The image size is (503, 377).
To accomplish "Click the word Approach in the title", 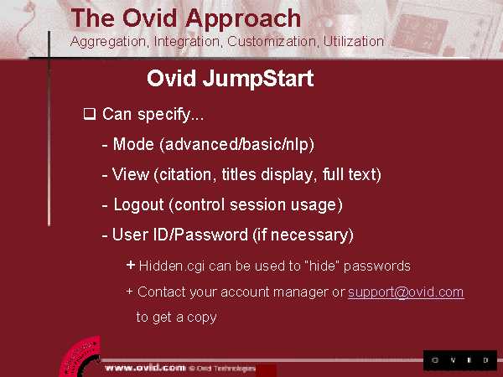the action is (243, 19).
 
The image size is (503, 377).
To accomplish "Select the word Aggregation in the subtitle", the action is (109, 42).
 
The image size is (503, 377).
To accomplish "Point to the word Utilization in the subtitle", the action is (353, 41).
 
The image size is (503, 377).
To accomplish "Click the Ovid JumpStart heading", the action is (231, 79).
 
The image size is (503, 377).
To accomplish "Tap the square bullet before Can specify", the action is (90, 114).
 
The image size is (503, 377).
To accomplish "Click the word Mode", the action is (133, 144).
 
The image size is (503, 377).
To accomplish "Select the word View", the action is (131, 174).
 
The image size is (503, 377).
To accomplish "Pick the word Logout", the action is (139, 205).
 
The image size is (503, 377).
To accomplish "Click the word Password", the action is (212, 235).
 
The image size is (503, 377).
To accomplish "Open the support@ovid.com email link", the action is (406, 292).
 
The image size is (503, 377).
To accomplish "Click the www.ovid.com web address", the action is (145, 368).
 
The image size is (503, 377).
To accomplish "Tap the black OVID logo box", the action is (460, 360).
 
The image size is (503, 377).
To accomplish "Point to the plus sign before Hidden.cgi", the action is (131, 265).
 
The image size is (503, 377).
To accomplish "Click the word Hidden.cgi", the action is (172, 266).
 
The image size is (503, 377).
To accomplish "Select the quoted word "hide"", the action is (321, 266).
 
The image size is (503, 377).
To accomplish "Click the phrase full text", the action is (352, 174).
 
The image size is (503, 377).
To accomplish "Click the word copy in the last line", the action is (202, 318).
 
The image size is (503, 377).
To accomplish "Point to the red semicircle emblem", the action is (80, 357).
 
